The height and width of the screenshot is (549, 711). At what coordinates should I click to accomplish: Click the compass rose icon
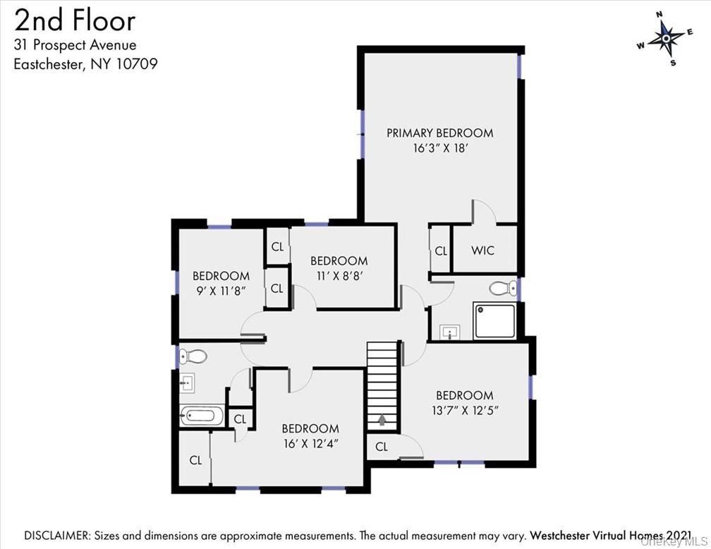click(x=666, y=39)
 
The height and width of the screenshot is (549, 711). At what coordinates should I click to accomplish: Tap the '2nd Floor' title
click(x=75, y=21)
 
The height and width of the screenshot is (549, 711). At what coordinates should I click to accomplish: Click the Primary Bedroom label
click(x=440, y=133)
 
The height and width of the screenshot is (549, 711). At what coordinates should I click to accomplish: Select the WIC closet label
click(x=482, y=251)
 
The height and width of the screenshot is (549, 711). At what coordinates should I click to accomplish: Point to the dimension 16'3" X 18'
click(x=440, y=148)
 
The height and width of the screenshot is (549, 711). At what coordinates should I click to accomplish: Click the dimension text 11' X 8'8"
click(x=339, y=276)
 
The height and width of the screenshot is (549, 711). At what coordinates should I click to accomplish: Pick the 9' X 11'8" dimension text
click(x=221, y=291)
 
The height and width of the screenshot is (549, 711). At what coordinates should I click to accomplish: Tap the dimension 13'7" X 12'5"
click(x=465, y=410)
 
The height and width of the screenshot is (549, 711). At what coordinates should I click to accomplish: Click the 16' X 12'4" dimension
click(x=310, y=443)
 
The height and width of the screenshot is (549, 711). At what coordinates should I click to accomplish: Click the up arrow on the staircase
click(x=382, y=420)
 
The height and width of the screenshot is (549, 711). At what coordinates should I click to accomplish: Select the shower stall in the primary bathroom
click(x=494, y=321)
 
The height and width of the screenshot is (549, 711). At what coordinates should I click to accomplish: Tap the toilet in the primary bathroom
click(x=504, y=288)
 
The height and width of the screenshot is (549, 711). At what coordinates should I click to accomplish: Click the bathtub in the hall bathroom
click(x=202, y=415)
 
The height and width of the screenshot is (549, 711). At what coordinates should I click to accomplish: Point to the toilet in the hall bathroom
click(x=193, y=356)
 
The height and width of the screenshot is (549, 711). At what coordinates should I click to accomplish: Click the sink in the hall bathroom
click(x=187, y=383)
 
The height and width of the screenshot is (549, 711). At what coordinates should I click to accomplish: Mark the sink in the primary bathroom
click(x=450, y=332)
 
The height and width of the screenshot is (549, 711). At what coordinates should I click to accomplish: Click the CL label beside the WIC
click(x=441, y=251)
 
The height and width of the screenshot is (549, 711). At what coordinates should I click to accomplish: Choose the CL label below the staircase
click(x=382, y=447)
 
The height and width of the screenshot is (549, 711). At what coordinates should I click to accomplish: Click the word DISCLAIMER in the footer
click(x=56, y=536)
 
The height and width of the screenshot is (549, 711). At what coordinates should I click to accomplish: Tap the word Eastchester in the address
click(x=49, y=64)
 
